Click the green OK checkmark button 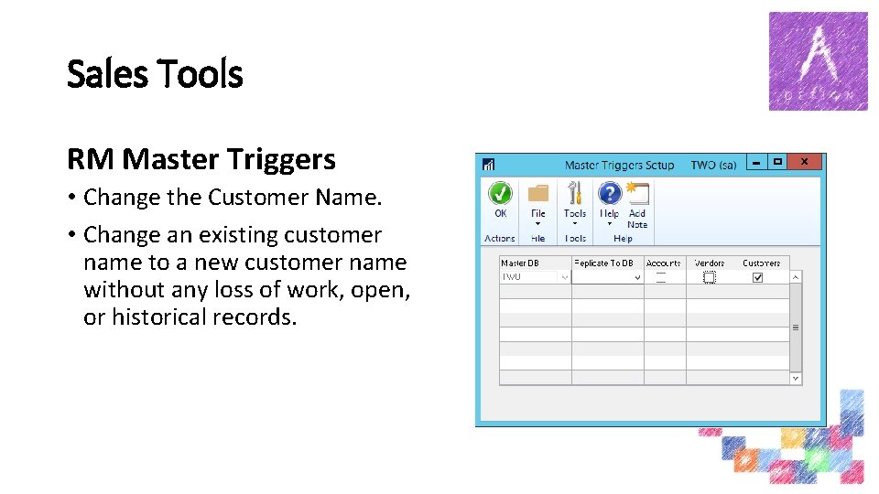point(500,194)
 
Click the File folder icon point(538,194)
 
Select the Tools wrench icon point(575,194)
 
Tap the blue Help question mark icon point(609,194)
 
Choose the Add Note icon point(637,194)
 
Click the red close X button point(804,162)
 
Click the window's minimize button point(756,162)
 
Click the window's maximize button point(777,162)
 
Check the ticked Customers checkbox point(757,277)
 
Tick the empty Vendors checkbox point(709,277)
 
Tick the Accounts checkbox point(660,277)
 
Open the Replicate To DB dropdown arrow point(637,277)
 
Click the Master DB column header point(520,263)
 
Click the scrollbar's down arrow point(795,378)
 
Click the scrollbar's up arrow point(795,277)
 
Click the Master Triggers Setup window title point(619,166)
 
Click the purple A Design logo point(818,61)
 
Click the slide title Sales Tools point(155,74)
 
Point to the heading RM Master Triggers point(201,160)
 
